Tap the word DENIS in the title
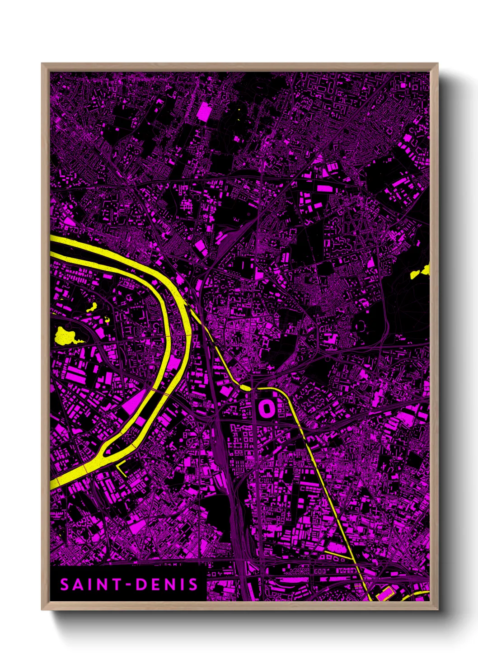(168, 584)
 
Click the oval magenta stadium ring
(266, 409)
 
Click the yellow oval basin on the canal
(245, 387)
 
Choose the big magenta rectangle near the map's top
(204, 111)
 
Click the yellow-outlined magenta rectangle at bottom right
(384, 592)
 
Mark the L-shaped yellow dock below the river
(121, 469)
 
